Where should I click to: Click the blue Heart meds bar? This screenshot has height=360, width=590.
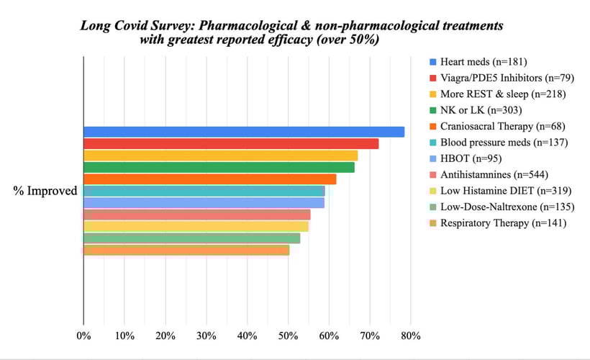pos(244,132)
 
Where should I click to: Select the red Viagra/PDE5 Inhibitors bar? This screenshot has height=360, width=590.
pos(231,143)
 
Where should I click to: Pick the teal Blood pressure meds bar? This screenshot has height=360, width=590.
pos(204,191)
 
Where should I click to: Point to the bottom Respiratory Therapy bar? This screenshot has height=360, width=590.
pos(186,250)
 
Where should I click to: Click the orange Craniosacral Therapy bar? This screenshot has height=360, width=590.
pos(209,179)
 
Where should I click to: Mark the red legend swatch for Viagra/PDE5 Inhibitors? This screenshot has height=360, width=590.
pos(432,77)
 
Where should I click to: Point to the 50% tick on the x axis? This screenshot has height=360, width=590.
pos(289,336)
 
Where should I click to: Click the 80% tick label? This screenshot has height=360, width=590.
pos(411,336)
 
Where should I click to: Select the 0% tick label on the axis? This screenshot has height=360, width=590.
pos(84,336)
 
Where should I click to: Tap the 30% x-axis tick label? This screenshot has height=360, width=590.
pos(206,336)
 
